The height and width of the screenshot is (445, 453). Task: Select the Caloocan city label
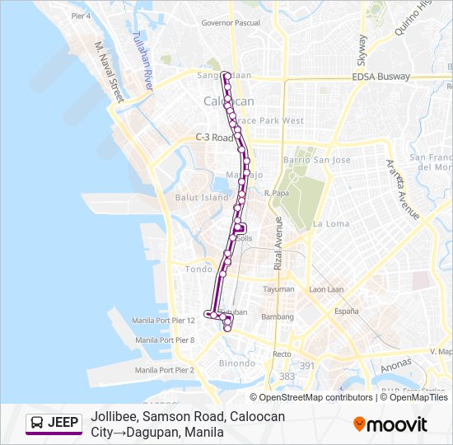(x=228, y=101)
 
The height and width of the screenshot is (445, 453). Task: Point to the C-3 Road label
(x=215, y=138)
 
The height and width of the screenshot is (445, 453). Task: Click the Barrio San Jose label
(x=316, y=160)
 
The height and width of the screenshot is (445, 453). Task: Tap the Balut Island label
(x=201, y=198)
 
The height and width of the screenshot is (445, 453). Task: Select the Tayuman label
(x=278, y=289)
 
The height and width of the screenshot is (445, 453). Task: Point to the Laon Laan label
(x=326, y=289)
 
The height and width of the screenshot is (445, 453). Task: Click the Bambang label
(x=278, y=316)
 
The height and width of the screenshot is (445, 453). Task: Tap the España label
(x=346, y=311)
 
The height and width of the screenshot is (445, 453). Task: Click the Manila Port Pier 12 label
(x=164, y=320)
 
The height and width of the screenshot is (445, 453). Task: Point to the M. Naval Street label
(x=108, y=73)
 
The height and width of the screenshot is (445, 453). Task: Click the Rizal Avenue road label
(x=278, y=243)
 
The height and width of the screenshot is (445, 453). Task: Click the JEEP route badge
(x=54, y=424)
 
